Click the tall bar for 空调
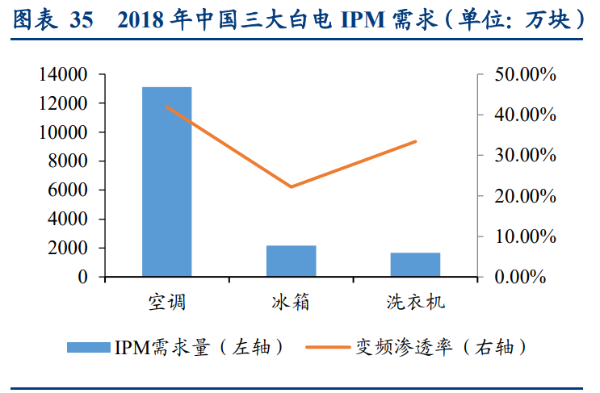(167, 182)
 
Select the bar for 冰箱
(292, 261)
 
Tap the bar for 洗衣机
(415, 265)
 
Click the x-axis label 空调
(167, 303)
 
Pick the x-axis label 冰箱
(292, 303)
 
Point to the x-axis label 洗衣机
(415, 303)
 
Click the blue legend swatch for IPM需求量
(88, 347)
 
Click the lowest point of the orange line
(292, 187)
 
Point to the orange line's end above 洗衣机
(416, 141)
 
